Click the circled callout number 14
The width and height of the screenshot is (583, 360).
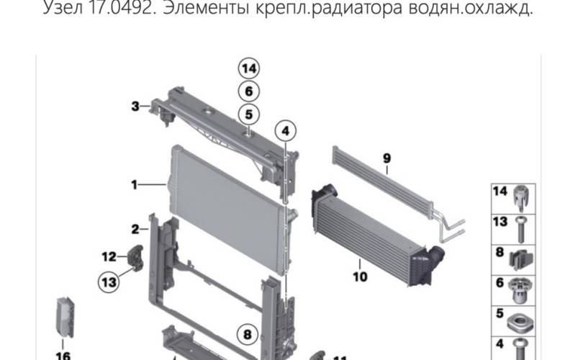249,69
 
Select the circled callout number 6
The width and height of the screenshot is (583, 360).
249,91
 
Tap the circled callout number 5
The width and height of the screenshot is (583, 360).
249,114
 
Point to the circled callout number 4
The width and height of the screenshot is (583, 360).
285,131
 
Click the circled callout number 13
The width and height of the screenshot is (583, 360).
109,282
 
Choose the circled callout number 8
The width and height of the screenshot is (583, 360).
248,335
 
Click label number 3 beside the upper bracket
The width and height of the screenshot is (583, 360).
135,107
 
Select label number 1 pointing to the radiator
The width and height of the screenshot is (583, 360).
134,184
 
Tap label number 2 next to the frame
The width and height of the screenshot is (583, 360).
135,229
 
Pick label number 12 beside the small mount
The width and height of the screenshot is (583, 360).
109,256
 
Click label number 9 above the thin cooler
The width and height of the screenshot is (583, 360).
387,158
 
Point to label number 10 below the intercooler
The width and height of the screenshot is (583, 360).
360,276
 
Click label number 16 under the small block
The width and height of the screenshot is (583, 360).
63,356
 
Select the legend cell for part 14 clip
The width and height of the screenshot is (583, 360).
513,199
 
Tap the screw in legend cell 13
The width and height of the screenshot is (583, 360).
520,230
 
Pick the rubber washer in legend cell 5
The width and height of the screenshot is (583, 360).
520,324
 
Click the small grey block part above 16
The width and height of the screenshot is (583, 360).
65,318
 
